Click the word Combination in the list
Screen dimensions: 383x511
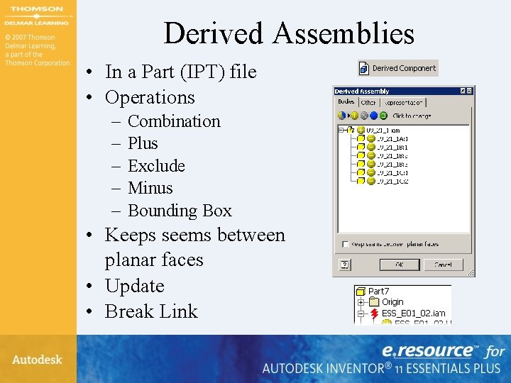click(174, 121)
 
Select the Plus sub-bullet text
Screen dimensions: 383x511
click(143, 143)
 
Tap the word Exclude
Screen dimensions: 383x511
click(156, 166)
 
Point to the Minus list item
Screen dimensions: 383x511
click(150, 188)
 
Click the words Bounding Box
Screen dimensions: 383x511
click(180, 211)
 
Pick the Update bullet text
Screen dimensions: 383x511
click(134, 286)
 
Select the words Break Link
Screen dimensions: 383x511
click(151, 311)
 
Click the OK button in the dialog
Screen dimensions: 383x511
click(399, 265)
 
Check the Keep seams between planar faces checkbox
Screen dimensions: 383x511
click(344, 244)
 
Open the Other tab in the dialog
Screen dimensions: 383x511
click(368, 103)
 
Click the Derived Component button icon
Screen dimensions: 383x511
click(365, 68)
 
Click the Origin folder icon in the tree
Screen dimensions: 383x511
click(375, 302)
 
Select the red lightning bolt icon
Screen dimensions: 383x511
click(374, 313)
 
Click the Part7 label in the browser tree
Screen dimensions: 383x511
click(378, 291)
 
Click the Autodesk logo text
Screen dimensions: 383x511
click(37, 360)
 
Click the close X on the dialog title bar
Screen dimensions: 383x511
click(469, 91)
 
